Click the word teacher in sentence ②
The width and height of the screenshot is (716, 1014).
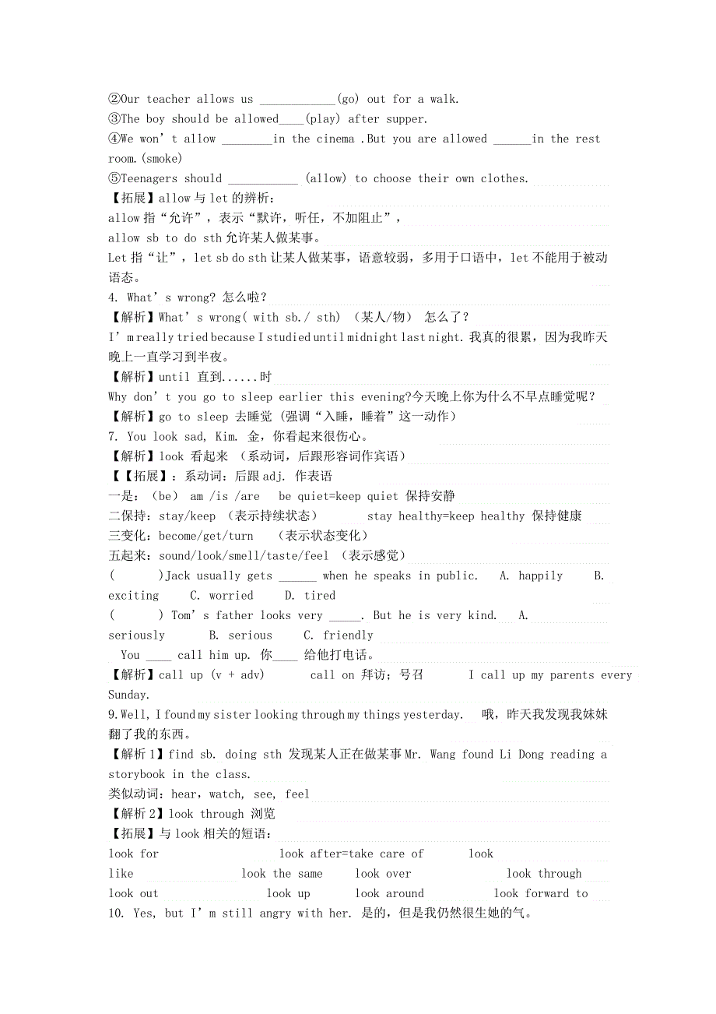tap(168, 99)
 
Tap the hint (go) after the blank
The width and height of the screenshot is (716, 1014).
tap(347, 99)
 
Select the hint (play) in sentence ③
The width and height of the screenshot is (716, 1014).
tap(321, 119)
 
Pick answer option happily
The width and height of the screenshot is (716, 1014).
tap(541, 576)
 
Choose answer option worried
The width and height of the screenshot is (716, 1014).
tap(231, 596)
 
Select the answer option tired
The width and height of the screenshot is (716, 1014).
tap(320, 596)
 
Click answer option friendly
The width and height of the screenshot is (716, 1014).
tap(348, 636)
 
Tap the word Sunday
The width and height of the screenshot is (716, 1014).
tap(128, 695)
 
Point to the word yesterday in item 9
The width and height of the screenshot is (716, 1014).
tap(432, 715)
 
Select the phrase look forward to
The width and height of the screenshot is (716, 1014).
tap(540, 893)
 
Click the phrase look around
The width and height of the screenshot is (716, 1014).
tap(389, 893)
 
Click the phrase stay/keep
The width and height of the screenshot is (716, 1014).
tap(187, 516)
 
